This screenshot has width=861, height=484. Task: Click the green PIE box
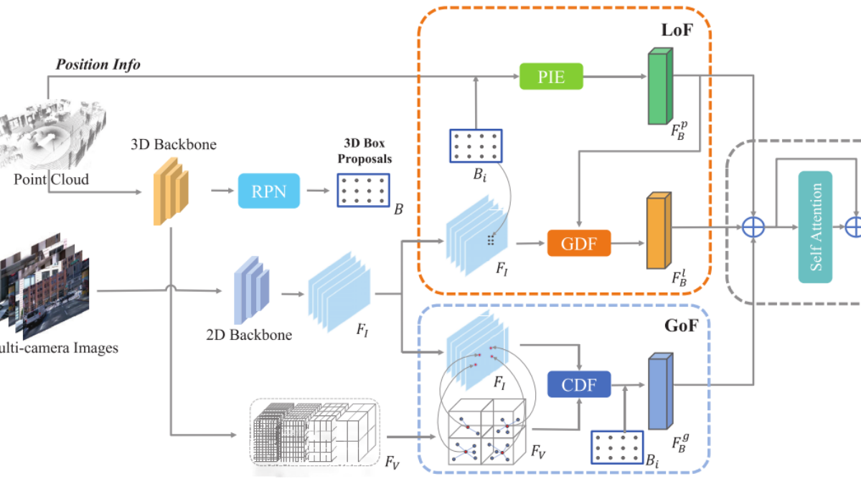click(x=551, y=77)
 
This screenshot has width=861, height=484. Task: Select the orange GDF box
click(x=579, y=243)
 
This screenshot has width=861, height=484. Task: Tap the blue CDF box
click(x=579, y=384)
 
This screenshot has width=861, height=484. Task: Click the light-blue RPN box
click(x=268, y=191)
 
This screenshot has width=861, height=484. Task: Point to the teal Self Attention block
click(x=815, y=227)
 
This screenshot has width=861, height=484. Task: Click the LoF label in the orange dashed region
click(x=677, y=30)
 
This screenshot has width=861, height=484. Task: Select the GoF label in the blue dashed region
click(x=681, y=326)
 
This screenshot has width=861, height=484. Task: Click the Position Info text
click(x=98, y=64)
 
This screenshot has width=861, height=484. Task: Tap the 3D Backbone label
click(x=174, y=144)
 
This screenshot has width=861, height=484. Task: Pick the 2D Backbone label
click(x=249, y=335)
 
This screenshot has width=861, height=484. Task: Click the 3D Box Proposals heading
click(x=364, y=151)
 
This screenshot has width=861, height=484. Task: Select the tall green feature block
click(x=660, y=86)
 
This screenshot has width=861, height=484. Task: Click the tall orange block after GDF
click(x=659, y=230)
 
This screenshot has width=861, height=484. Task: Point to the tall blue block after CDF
click(x=660, y=391)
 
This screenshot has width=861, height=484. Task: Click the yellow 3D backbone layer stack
click(x=171, y=191)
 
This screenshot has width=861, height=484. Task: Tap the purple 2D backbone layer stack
click(x=251, y=290)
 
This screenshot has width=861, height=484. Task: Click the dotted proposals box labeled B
click(x=364, y=190)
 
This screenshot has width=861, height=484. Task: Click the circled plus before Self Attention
click(x=753, y=227)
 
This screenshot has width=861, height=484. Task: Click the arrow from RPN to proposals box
click(x=318, y=191)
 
